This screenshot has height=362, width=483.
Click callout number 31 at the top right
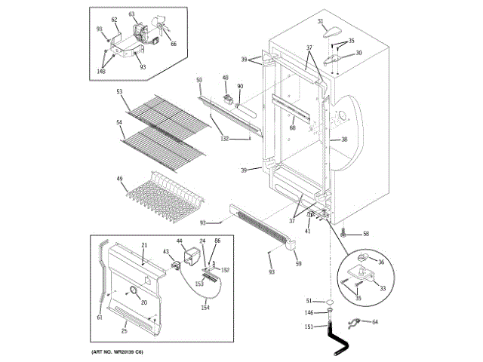pyautogui.click(x=320, y=21)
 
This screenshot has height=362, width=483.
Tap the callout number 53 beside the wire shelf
pyautogui.click(x=119, y=92)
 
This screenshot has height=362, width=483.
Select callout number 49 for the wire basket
pyautogui.click(x=119, y=179)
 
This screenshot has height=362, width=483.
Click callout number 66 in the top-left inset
pyautogui.click(x=173, y=44)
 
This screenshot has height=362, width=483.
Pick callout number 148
pyautogui.click(x=101, y=72)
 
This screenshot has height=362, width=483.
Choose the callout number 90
pyautogui.click(x=240, y=86)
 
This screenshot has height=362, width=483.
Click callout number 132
pyautogui.click(x=224, y=139)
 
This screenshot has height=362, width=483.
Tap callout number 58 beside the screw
pyautogui.click(x=366, y=235)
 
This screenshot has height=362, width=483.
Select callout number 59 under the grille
pyautogui.click(x=298, y=263)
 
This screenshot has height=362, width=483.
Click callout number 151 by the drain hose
pyautogui.click(x=308, y=327)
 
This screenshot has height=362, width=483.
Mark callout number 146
pyautogui.click(x=308, y=312)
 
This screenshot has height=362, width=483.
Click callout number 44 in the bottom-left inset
pyautogui.click(x=180, y=241)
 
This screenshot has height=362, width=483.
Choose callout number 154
pyautogui.click(x=205, y=308)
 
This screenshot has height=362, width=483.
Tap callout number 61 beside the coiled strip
pyautogui.click(x=100, y=318)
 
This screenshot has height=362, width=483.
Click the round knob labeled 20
pyautogui.click(x=133, y=293)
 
